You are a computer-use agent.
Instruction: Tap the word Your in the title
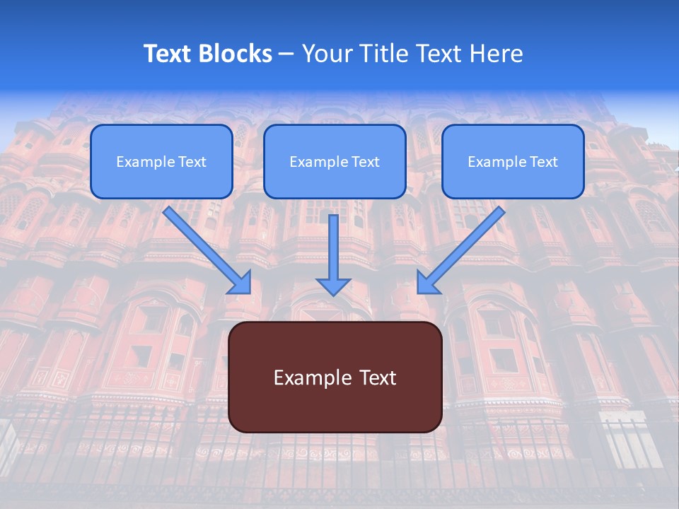point(326,54)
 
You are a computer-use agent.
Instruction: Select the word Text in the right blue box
point(543,162)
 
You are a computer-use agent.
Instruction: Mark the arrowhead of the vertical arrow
point(333,285)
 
